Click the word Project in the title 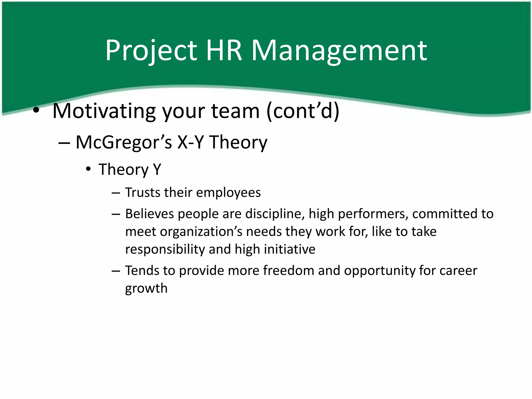tap(151, 50)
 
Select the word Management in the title tap(339, 50)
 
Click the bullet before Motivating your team tap(36, 111)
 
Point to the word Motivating tap(104, 111)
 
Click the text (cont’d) tap(303, 111)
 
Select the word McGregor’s tap(124, 143)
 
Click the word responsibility tap(165, 249)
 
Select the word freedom tap(289, 270)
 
